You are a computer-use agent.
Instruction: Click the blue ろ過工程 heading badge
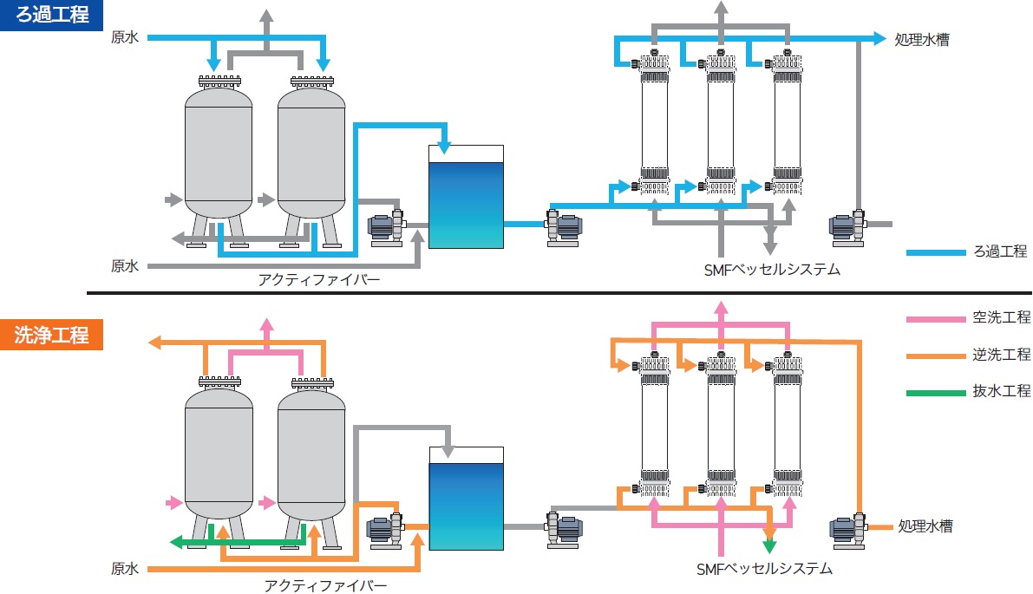51,15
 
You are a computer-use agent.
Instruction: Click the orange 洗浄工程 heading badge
51,336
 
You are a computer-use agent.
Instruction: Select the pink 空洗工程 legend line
936,318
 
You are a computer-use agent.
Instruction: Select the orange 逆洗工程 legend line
936,356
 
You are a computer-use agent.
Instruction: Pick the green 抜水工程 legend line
936,393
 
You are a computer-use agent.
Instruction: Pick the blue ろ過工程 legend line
936,252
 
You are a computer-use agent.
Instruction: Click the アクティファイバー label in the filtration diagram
319,279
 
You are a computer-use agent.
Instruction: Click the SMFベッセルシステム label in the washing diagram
764,569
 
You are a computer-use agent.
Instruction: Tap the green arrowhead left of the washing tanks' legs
175,542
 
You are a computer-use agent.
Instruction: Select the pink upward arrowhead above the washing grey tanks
266,324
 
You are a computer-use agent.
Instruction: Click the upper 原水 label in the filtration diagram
125,38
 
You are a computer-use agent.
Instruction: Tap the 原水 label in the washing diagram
125,570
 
